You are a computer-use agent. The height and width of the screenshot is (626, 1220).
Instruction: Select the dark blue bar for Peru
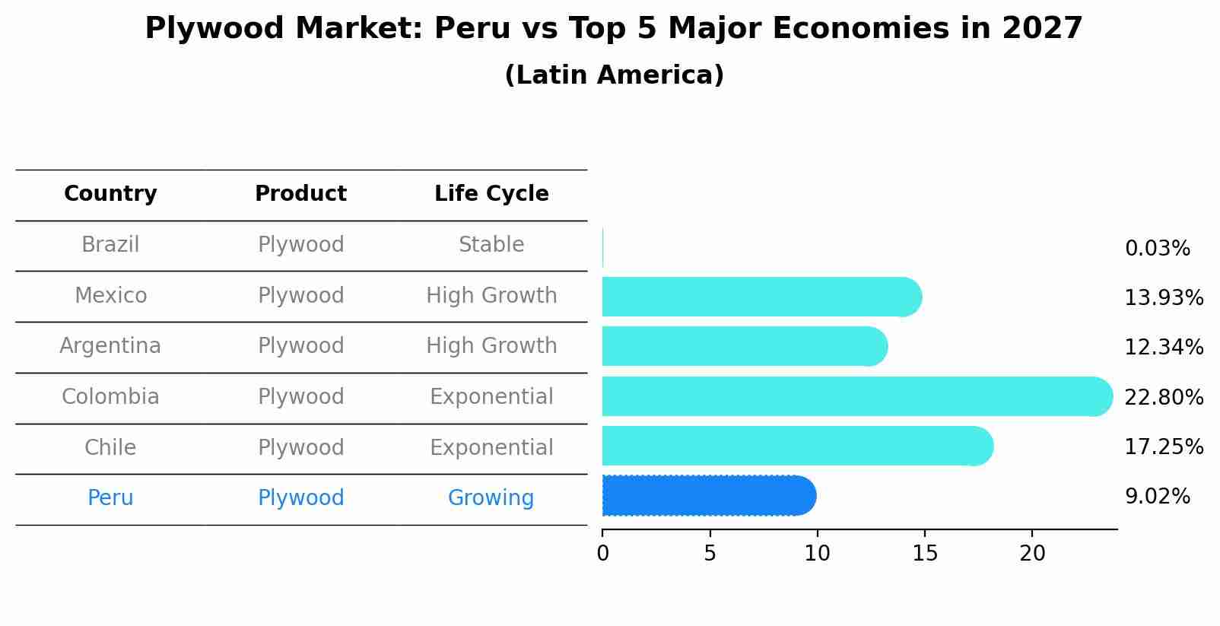(707, 496)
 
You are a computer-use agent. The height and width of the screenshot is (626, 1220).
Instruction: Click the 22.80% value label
(1164, 397)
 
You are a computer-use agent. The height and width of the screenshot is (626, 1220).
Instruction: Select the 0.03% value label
(1157, 249)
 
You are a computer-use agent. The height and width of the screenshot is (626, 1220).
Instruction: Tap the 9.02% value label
(1157, 497)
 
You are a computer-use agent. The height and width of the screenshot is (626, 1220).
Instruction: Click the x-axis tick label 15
(925, 554)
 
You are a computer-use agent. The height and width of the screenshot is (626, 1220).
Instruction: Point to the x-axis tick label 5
(710, 554)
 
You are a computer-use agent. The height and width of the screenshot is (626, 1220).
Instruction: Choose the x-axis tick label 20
(1032, 554)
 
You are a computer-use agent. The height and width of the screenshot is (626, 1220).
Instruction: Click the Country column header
(110, 194)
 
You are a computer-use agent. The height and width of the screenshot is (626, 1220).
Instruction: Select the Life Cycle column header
(491, 194)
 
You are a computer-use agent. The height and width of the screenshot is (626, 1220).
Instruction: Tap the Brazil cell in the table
(110, 245)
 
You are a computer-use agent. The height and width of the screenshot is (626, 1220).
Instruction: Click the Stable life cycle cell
(491, 245)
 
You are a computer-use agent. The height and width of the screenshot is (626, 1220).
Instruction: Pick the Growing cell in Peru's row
(491, 498)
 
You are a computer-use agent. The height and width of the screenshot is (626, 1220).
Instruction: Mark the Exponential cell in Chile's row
(491, 447)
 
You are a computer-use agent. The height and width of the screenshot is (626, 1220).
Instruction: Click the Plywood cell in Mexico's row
(300, 295)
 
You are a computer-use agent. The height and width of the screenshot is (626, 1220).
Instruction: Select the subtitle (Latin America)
(614, 75)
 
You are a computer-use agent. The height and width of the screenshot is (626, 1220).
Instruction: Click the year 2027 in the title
(1042, 29)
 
